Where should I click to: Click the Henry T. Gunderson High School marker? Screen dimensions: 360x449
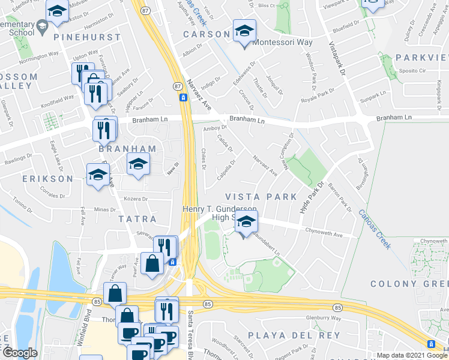pos(246,223)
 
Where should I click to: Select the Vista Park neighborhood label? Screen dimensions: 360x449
pos(261,197)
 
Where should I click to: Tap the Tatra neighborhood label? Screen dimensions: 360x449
pos(137,220)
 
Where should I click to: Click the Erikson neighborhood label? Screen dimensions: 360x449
pos(49,179)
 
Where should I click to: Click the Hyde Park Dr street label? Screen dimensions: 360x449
pos(311,197)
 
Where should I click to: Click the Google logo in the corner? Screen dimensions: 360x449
pos(20,353)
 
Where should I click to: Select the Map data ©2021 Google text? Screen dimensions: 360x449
pos(412,355)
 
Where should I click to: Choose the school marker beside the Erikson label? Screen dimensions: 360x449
pos(98,176)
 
